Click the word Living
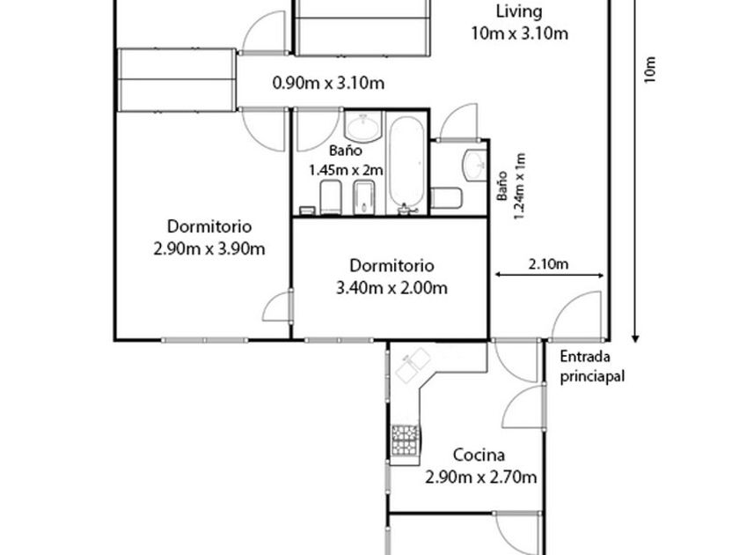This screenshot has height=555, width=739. coord(519,11)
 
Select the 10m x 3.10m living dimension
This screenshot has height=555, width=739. coord(519,33)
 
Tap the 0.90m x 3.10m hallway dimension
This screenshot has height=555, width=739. coord(328,83)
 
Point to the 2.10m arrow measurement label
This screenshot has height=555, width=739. coord(548,263)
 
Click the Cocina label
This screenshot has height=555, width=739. coord(479,455)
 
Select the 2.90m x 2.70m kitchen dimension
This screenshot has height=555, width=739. coord(480,477)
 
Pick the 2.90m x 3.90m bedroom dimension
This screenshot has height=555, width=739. coord(209,248)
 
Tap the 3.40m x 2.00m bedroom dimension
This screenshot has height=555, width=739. coord(391,287)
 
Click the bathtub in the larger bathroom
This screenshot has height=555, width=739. coord(406,162)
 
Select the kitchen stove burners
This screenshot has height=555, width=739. coord(405,440)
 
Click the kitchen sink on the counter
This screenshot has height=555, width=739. coord(413,365)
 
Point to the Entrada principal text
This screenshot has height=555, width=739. coord(592,366)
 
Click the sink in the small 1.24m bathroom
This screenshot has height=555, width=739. coord(475,166)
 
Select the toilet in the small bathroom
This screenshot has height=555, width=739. coord(446,198)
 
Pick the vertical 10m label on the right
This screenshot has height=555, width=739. coord(650,70)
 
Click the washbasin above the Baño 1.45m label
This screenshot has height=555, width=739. coord(362,127)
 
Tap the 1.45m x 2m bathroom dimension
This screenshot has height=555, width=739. coord(346,169)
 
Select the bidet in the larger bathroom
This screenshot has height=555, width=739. coord(364,197)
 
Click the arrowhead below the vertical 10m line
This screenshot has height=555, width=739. coord(635,338)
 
